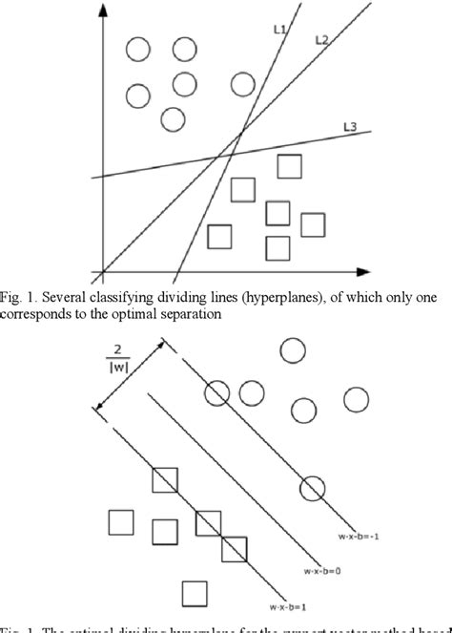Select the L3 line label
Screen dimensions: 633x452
point(351,126)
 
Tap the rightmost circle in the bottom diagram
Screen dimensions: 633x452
point(356,399)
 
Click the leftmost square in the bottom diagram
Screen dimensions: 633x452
point(120,523)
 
